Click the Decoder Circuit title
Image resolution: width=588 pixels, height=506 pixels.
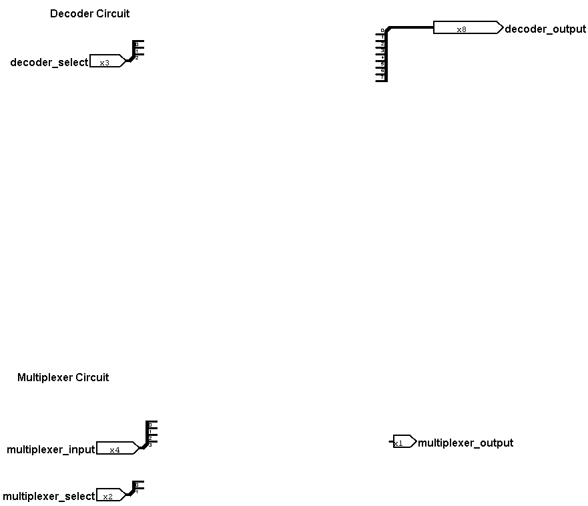coord(89,13)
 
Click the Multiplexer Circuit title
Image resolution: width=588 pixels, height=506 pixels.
coord(63,377)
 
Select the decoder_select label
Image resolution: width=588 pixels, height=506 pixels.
coord(49,62)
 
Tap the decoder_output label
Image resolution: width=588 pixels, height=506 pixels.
coord(545,29)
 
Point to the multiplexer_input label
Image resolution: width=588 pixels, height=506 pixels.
coord(51,449)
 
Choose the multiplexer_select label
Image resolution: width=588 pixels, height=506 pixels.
coord(49,496)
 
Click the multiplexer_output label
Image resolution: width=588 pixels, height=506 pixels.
coord(465,443)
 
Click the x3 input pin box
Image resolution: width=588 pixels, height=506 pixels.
coord(105,61)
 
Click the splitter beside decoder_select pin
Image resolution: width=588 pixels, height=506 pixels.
coord(135,51)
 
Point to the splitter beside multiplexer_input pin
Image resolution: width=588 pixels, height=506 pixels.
coord(149,435)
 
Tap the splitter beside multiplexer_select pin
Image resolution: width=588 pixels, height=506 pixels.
coord(136,488)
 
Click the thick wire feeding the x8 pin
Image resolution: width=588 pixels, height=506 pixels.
coord(410,28)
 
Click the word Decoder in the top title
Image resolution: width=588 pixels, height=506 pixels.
coord(71,13)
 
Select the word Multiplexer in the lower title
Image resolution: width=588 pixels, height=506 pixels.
coord(44,377)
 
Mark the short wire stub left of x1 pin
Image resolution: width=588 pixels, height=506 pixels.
coord(391,442)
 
